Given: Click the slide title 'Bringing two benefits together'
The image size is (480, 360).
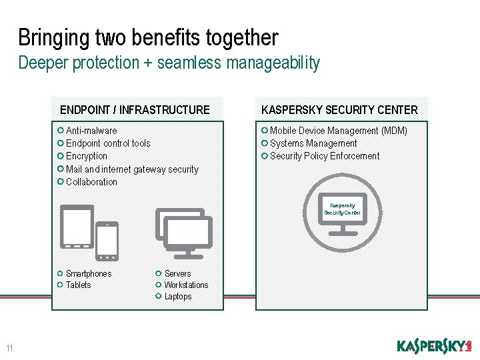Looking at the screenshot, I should (x=148, y=37).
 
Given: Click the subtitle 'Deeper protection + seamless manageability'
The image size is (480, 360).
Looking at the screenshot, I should (x=169, y=63).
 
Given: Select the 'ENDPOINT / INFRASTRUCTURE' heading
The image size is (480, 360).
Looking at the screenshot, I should (x=135, y=110).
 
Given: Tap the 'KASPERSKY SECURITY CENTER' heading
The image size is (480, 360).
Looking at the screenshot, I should (x=339, y=110).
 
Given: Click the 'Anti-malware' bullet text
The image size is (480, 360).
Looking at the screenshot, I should (x=91, y=131).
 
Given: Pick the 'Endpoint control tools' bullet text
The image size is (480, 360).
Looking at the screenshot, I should (x=108, y=143).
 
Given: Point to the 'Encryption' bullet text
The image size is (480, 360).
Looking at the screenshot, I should (x=87, y=156).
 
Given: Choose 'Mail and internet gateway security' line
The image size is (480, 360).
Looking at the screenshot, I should (x=132, y=169).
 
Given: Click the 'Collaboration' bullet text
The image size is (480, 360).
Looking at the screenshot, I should (x=91, y=182).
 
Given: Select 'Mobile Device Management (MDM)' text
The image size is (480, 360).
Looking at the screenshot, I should (x=338, y=131).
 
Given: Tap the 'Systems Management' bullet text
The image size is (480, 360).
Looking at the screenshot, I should (x=313, y=143).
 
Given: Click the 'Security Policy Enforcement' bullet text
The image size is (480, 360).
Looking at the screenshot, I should (x=325, y=156).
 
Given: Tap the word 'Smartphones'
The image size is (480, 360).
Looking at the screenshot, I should (x=89, y=274).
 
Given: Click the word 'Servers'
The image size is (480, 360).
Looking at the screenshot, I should (x=177, y=274).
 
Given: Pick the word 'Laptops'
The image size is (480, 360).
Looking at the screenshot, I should (x=178, y=297).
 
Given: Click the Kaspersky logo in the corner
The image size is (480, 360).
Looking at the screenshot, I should (x=434, y=346).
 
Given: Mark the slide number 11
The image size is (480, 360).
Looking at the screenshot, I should (x=9, y=348).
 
